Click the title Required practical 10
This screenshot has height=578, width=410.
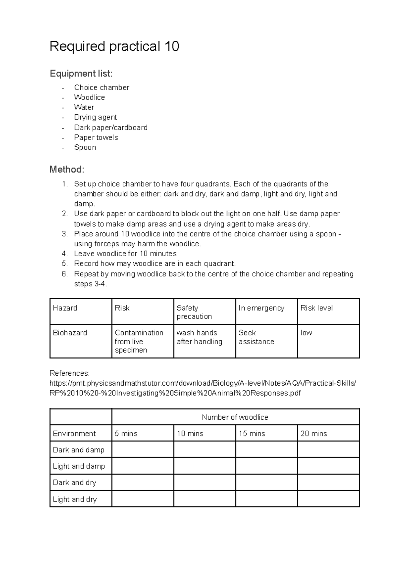click(114, 46)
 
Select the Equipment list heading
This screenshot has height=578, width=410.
click(81, 73)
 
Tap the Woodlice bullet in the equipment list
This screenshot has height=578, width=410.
click(89, 97)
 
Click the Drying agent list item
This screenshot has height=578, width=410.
click(95, 117)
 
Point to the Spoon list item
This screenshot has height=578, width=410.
click(85, 147)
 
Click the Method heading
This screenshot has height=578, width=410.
click(67, 169)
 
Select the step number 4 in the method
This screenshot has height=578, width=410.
click(65, 254)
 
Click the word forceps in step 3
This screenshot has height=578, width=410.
click(107, 244)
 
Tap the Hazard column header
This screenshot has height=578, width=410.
click(65, 308)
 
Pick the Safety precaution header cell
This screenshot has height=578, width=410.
click(194, 312)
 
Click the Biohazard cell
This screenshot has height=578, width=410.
click(70, 333)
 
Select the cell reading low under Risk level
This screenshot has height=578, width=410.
click(306, 333)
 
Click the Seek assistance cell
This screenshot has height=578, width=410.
click(256, 337)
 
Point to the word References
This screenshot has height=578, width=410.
click(69, 373)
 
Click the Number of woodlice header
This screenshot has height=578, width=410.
click(235, 417)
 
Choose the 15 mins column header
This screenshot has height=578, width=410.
click(252, 434)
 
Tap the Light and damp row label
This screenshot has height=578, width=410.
click(79, 466)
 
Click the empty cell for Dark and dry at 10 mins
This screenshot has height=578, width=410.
click(204, 482)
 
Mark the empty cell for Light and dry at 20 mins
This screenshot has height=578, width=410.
click(328, 499)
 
